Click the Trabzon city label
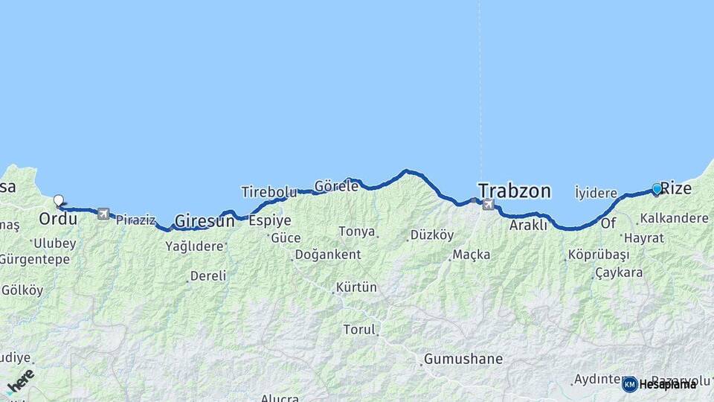pyautogui.click(x=515, y=191)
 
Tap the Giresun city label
pyautogui.click(x=204, y=221)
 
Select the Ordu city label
pyautogui.click(x=58, y=219)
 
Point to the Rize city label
pyautogui.click(x=676, y=188)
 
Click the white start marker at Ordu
pyautogui.click(x=59, y=200)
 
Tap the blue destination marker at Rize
pyautogui.click(x=657, y=189)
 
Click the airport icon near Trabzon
pyautogui.click(x=488, y=205)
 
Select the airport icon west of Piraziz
pyautogui.click(x=103, y=214)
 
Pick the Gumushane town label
pyautogui.click(x=463, y=359)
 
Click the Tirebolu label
pyautogui.click(x=268, y=192)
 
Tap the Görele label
pyautogui.click(x=336, y=186)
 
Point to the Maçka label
pyautogui.click(x=472, y=255)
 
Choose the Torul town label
pyautogui.click(x=360, y=329)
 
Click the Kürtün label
pyautogui.click(x=356, y=287)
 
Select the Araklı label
pyautogui.click(x=528, y=224)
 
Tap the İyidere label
pyautogui.click(x=596, y=193)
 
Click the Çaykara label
pyautogui.click(x=619, y=272)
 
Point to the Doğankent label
pyautogui.click(x=328, y=255)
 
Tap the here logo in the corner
pyautogui.click(x=20, y=382)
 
